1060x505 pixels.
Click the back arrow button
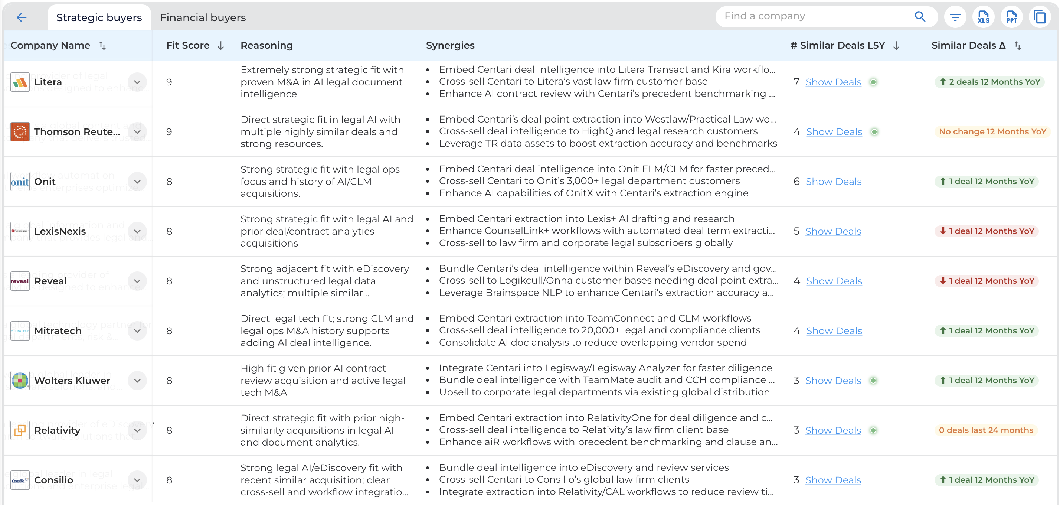(x=22, y=17)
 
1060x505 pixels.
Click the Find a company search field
(x=815, y=16)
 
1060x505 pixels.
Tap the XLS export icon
(x=983, y=17)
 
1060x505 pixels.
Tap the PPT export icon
(x=1011, y=17)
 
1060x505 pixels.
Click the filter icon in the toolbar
(x=955, y=17)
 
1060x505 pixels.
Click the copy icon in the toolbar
(x=1040, y=17)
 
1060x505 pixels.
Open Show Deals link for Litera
(x=833, y=82)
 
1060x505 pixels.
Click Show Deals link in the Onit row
(x=833, y=182)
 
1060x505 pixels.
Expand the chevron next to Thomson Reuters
(x=137, y=132)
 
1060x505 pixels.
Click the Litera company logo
(x=20, y=82)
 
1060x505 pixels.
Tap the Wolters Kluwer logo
(x=20, y=380)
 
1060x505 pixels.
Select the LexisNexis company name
(x=60, y=231)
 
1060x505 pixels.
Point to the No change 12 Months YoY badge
(x=992, y=132)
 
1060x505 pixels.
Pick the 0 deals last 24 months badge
(x=986, y=430)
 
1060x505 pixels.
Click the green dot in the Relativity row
(x=873, y=430)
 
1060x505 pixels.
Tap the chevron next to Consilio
(x=137, y=480)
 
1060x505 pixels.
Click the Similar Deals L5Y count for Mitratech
(x=796, y=331)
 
